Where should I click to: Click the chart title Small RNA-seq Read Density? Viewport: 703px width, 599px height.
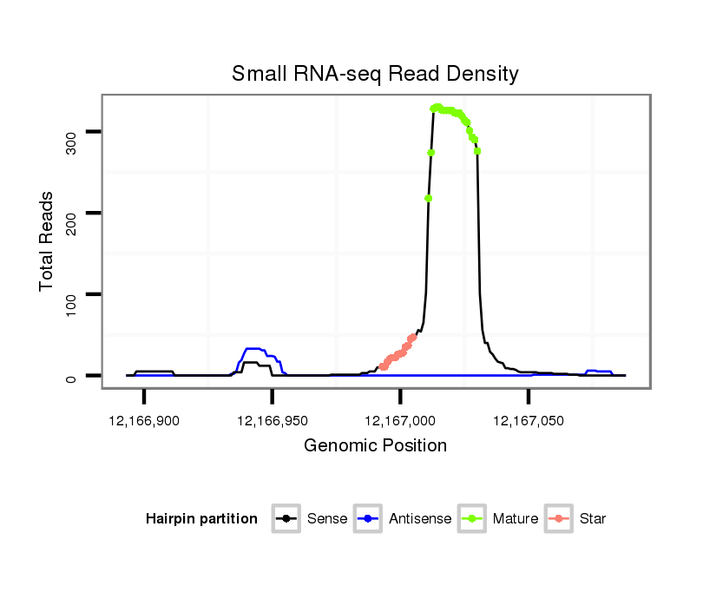tap(375, 74)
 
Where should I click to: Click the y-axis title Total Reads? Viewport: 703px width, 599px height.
tap(47, 241)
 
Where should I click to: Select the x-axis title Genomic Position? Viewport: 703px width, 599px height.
tap(375, 446)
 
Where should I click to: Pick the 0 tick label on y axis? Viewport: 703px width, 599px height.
tap(72, 378)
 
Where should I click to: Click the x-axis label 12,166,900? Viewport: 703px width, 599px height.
tap(144, 421)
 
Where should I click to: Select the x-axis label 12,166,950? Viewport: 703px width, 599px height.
tap(273, 421)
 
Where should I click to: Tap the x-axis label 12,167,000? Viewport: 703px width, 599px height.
tap(400, 421)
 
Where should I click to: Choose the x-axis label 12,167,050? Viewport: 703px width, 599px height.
tap(529, 421)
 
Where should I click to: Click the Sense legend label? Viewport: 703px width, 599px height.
tap(327, 519)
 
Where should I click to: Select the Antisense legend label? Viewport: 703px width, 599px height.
tap(420, 519)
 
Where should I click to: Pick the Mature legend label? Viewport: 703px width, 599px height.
tap(516, 519)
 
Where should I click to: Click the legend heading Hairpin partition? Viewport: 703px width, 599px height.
tap(201, 519)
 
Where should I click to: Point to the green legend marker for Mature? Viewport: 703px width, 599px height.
tap(473, 519)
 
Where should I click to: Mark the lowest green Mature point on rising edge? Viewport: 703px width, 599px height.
tap(429, 198)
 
